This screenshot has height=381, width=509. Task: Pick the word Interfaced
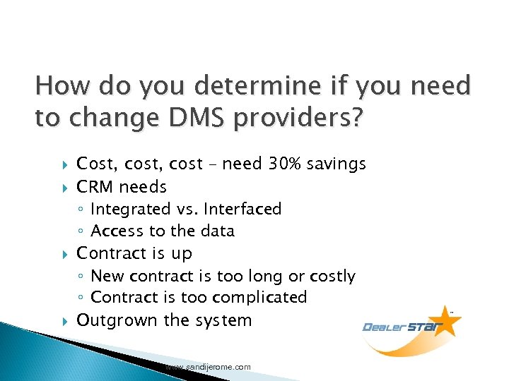click(244, 210)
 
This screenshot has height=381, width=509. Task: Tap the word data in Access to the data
click(218, 231)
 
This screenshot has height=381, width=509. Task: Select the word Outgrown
click(117, 321)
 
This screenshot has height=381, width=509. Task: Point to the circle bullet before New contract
click(83, 277)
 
